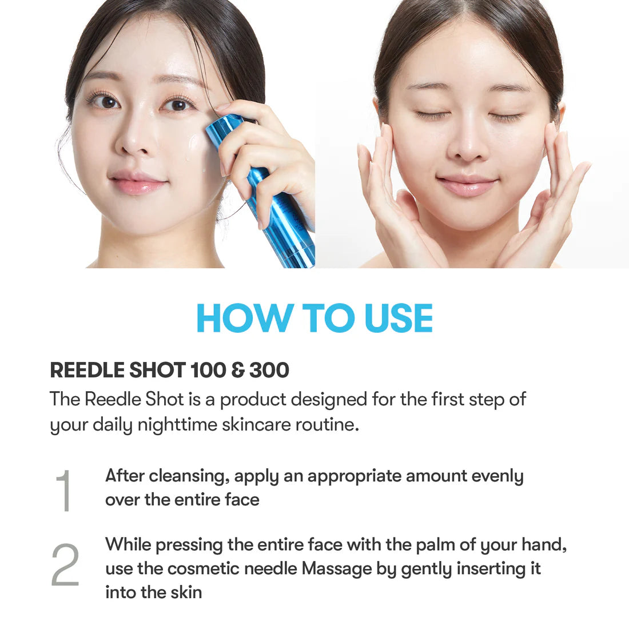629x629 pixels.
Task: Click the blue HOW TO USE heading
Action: [x=314, y=318]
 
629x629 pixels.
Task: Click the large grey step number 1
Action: [x=64, y=490]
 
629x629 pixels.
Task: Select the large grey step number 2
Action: [x=65, y=565]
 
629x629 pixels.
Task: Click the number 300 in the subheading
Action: [x=269, y=371]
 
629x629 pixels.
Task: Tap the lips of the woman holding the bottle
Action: [x=138, y=184]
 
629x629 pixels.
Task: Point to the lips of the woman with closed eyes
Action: [x=467, y=185]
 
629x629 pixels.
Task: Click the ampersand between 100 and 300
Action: [x=238, y=371]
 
